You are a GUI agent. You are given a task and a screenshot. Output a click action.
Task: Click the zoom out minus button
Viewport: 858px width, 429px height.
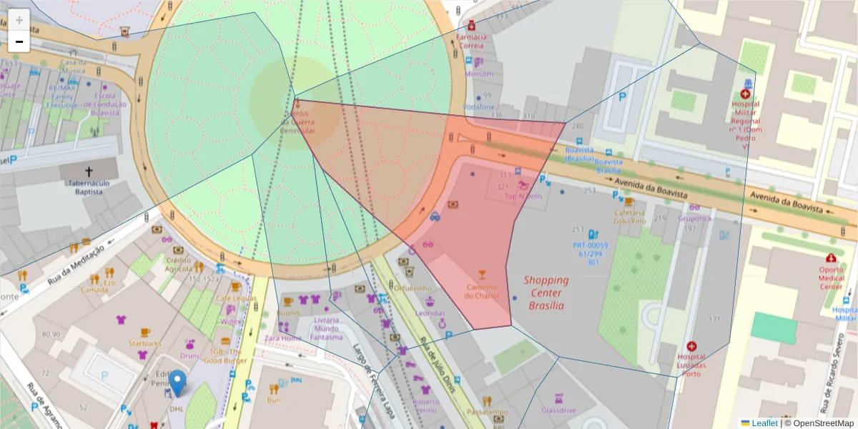(19, 41)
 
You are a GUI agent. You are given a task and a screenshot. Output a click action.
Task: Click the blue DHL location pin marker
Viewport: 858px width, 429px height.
(177, 383)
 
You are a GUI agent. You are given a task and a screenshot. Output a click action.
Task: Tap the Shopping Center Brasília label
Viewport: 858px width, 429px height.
(546, 292)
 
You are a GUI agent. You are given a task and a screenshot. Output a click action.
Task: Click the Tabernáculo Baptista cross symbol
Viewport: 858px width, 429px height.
(89, 172)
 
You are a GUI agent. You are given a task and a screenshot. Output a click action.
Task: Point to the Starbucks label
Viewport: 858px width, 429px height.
(145, 343)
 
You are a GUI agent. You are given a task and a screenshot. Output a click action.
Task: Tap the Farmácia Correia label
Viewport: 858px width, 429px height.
(471, 41)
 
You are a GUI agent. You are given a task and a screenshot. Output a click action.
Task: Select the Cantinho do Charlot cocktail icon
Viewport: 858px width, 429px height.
(482, 275)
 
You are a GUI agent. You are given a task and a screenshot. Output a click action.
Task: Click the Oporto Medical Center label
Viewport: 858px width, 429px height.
(830, 277)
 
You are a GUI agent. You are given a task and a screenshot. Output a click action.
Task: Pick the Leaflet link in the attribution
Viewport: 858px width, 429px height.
(764, 423)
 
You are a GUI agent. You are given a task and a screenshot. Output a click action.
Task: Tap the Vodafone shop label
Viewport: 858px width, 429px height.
(478, 107)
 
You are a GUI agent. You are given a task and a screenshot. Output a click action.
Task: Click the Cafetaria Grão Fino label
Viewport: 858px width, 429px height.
(629, 217)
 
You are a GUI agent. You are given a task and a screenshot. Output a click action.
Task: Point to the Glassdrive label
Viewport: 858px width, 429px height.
(558, 410)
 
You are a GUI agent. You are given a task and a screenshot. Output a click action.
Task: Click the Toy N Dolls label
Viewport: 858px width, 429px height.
(524, 196)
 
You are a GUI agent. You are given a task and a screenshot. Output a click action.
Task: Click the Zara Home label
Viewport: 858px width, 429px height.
(282, 337)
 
